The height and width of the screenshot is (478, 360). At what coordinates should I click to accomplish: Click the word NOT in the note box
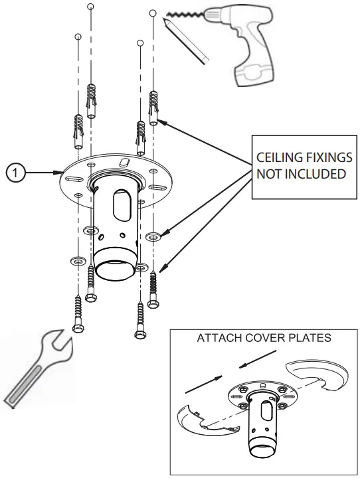point(268,174)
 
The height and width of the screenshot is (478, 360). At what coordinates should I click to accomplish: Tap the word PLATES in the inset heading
point(309,338)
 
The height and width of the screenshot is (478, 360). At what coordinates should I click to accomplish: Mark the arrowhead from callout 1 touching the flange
point(61,173)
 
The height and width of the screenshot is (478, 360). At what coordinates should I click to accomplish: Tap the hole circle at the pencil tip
point(153,13)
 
